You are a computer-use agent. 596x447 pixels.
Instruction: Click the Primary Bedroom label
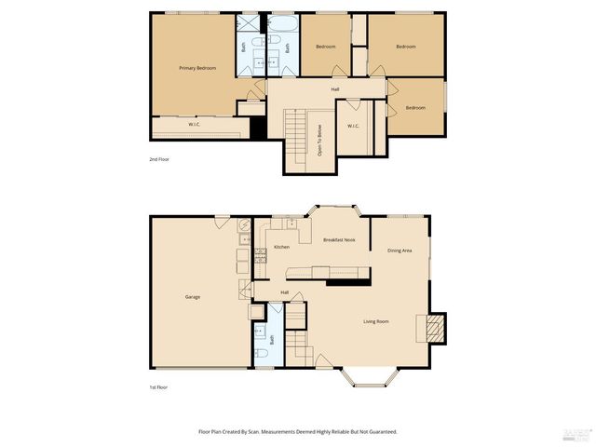tap(197, 69)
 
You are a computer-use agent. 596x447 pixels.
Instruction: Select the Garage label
tap(193, 297)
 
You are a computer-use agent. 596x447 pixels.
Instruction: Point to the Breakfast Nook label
tap(339, 240)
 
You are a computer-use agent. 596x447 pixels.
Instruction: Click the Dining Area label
tap(400, 251)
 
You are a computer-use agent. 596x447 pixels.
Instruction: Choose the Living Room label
tap(376, 322)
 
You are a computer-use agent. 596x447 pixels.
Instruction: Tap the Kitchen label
tap(281, 247)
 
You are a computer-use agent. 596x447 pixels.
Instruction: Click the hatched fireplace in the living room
tap(434, 327)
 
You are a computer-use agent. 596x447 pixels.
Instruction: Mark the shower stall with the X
tap(249, 25)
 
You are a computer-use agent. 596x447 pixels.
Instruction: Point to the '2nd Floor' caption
tap(159, 159)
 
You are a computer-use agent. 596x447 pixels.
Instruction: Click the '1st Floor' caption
tap(158, 386)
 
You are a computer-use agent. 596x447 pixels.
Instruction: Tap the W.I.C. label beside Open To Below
tap(354, 127)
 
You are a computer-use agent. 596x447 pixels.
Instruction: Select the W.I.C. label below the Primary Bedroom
tap(195, 125)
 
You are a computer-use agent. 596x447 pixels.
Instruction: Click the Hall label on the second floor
tap(334, 89)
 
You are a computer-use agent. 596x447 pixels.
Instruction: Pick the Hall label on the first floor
tap(285, 292)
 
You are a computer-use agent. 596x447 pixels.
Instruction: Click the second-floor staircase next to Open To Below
tap(294, 124)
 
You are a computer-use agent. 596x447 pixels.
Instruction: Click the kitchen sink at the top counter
tap(291, 223)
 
